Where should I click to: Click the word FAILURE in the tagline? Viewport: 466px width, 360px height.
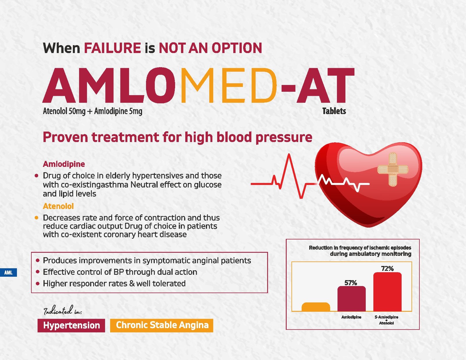coord(112,48)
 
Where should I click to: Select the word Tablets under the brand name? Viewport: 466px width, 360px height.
coord(334,111)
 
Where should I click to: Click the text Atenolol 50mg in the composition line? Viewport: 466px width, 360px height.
coord(64,111)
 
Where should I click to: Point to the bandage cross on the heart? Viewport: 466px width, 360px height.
coord(393,170)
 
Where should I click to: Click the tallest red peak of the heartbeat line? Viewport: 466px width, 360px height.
coord(289,154)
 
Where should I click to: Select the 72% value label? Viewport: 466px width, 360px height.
coord(387,269)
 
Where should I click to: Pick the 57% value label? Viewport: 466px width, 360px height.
coord(351,283)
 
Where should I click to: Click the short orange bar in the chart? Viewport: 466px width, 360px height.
coord(316,307)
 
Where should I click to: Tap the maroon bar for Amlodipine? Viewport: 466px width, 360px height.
coord(352,299)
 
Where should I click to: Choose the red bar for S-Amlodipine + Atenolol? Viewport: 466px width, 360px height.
coord(387,292)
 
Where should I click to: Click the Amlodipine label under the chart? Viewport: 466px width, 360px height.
coord(351,317)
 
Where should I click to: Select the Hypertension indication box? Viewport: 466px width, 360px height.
coord(71,325)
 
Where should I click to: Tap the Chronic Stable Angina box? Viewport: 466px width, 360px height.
coord(162,325)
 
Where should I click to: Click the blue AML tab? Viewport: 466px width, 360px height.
coord(8,273)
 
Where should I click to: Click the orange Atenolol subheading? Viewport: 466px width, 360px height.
coord(58,206)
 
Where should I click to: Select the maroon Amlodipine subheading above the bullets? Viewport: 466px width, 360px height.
coord(64,164)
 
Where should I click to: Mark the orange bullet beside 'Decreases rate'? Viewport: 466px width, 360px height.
coord(36,218)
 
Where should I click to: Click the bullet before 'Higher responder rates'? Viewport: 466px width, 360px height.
coord(38,284)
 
